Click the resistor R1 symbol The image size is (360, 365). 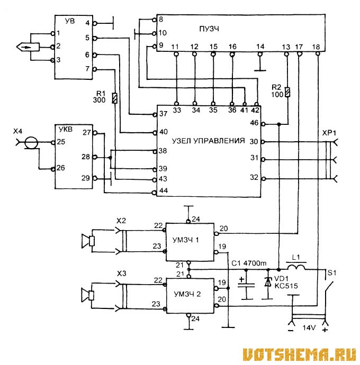coord(115,99)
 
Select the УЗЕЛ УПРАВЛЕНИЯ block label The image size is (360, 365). coord(209,141)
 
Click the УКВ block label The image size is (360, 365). coord(64,129)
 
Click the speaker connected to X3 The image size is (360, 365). coord(87,294)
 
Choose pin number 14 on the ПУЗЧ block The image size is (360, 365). coord(259,47)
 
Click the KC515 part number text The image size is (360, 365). coord(286,286)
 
